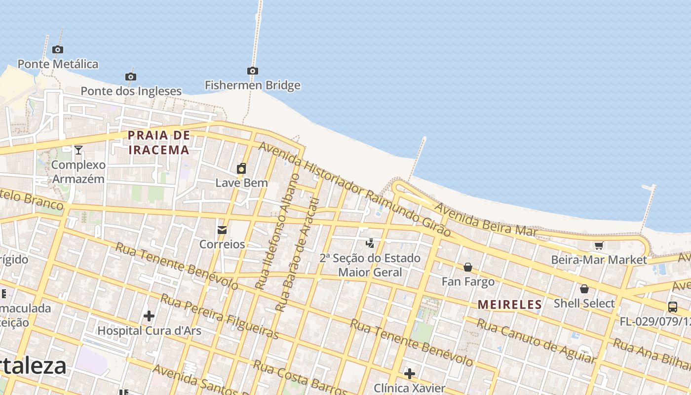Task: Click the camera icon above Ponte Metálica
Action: coord(58,49)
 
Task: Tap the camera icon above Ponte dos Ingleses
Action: coord(131,77)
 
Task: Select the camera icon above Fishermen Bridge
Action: coord(253,71)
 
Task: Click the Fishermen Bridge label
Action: coord(253,85)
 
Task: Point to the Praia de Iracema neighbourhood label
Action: coord(158,142)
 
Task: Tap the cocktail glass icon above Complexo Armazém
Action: coord(78,150)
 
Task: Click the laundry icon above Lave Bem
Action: coord(241,168)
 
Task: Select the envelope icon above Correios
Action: coord(222,230)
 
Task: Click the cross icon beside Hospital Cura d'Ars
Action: coord(149,316)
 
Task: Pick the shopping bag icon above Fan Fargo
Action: coord(468,267)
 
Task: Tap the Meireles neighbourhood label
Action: coord(510,304)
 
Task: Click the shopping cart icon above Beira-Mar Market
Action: coord(599,245)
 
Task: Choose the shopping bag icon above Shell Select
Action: coord(584,289)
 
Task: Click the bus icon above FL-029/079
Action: coord(672,307)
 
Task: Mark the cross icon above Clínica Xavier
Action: coord(409,373)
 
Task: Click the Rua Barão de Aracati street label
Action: coord(298,255)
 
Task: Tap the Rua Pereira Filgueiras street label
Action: coord(220,316)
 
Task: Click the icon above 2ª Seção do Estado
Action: coord(370,243)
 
